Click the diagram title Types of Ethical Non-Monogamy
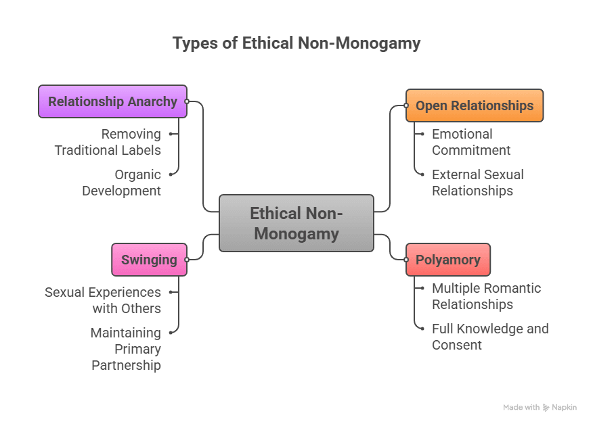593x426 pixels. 296,43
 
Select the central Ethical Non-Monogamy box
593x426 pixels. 296,223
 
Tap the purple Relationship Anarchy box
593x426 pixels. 112,101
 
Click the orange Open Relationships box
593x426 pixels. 475,105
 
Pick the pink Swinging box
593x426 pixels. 149,260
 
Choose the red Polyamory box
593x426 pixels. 448,260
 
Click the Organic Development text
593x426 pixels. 122,183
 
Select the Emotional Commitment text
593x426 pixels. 471,142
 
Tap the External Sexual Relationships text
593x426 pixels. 478,183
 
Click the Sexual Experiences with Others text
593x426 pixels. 103,300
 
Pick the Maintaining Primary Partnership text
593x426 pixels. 126,349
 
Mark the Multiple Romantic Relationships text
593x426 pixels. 486,296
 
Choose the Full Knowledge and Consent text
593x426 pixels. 490,337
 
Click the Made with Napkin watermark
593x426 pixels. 540,407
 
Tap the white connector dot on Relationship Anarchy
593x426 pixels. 187,101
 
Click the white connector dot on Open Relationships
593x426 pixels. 406,105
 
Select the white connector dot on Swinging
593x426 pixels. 187,260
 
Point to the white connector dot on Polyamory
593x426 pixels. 406,260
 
